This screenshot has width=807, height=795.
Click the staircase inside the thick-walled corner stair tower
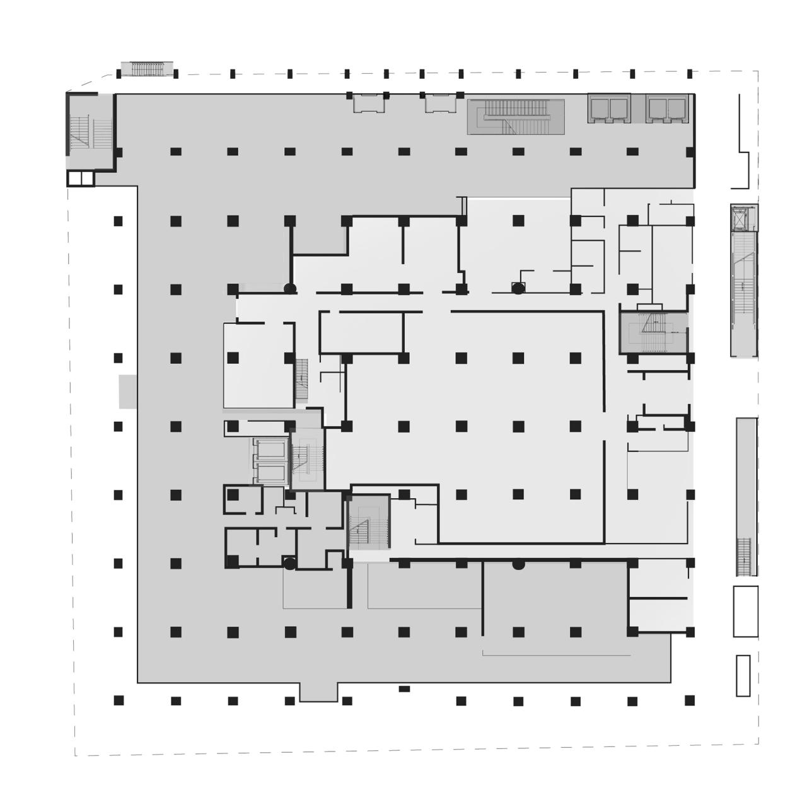click(x=90, y=131)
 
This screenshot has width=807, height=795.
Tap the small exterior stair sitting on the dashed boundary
click(x=146, y=68)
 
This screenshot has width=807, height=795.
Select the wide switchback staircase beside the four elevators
click(x=516, y=117)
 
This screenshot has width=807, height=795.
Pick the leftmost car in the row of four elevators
click(x=599, y=109)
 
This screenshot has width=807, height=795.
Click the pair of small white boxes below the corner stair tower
click(x=81, y=178)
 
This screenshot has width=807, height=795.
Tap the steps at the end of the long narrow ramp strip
click(x=745, y=556)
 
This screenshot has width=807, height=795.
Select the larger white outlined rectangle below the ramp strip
click(x=745, y=611)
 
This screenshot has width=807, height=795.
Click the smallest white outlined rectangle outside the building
click(x=743, y=675)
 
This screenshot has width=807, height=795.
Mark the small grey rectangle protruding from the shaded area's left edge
click(x=128, y=391)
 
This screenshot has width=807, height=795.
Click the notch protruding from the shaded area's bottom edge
click(x=318, y=692)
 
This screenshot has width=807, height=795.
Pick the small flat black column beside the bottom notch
click(x=404, y=688)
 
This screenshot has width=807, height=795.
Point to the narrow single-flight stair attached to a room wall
click(x=302, y=380)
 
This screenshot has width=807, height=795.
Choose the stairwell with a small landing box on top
click(x=653, y=330)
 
